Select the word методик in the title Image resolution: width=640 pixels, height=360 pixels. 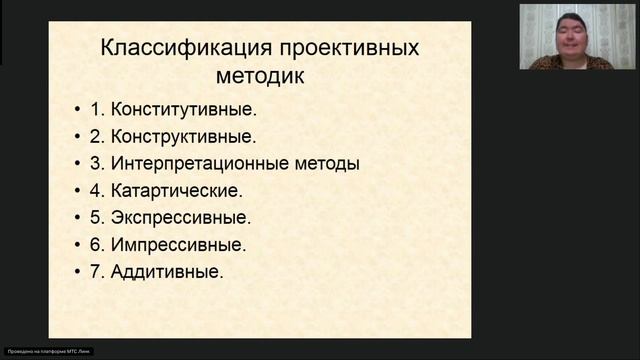coord(260,74)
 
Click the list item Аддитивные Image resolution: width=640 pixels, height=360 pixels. coord(169,271)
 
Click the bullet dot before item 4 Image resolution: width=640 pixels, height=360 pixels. coord(79,191)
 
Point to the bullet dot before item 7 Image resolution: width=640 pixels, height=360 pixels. coord(79,272)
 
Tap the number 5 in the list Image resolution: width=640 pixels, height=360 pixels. coord(96,217)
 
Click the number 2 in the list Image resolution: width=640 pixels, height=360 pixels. coord(96,136)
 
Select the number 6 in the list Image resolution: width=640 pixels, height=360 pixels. coord(96,244)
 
